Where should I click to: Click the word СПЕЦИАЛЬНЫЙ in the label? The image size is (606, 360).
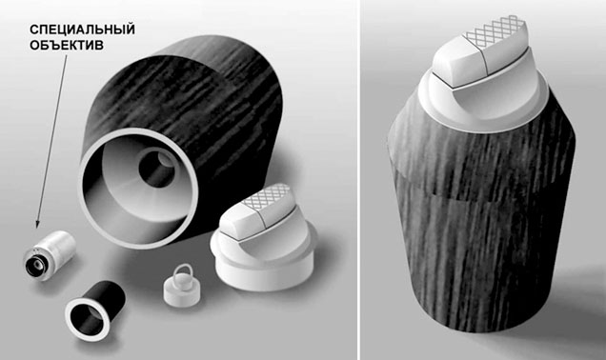82,30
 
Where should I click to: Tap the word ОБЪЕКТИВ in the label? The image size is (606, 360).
67,45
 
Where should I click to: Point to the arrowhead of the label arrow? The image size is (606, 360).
37,224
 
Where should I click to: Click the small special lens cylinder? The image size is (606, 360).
50,255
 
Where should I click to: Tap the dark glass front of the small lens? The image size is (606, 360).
36,266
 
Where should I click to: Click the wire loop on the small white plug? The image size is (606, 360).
176,271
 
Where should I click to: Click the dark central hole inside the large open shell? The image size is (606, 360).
156,170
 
